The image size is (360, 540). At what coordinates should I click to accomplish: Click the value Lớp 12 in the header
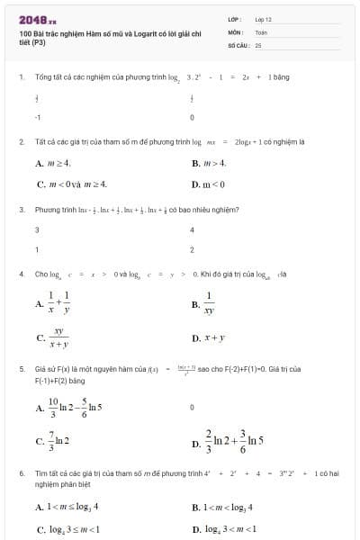pos(263,19)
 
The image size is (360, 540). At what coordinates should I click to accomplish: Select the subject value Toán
pos(261,31)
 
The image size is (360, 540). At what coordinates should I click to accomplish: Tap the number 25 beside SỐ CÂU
pos(258,44)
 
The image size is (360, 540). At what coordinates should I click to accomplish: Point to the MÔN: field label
pos(235,31)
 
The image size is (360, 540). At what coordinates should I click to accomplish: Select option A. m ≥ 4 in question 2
pos(53,163)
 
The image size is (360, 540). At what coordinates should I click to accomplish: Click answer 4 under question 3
pos(193,229)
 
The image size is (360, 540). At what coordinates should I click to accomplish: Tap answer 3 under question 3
pos(37,229)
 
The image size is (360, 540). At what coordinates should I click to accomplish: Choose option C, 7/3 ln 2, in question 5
pos(58,440)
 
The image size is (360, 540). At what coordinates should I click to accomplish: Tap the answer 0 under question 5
pos(193,407)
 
